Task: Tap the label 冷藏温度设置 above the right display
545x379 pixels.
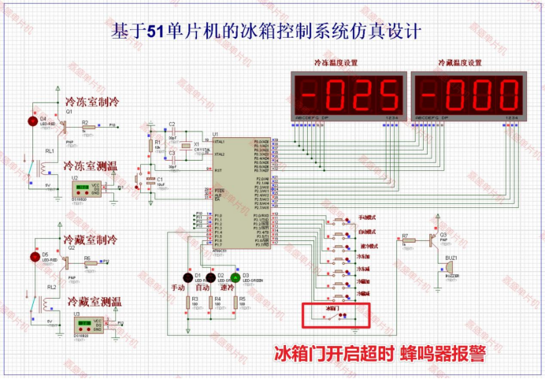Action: click(x=459, y=62)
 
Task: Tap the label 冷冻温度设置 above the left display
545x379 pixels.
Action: click(x=336, y=62)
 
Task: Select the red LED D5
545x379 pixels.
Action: click(x=34, y=256)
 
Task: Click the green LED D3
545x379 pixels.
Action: click(x=235, y=279)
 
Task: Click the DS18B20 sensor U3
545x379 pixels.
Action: click(x=86, y=324)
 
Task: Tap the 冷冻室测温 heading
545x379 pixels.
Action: click(x=91, y=167)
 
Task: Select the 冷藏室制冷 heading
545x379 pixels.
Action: click(x=90, y=240)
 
